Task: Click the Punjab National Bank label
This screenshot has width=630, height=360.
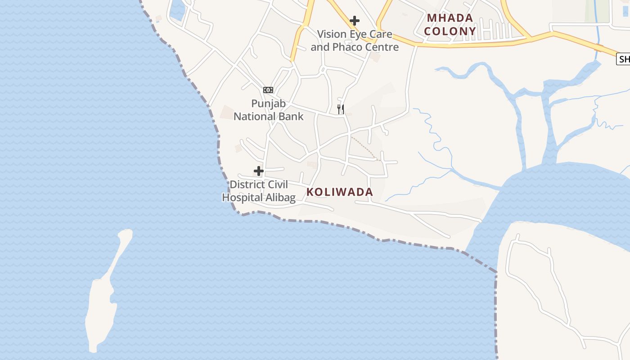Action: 269,110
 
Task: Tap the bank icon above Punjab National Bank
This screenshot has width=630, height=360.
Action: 268,90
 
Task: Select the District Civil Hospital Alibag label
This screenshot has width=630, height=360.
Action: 259,191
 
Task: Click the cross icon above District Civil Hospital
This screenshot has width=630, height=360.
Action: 259,171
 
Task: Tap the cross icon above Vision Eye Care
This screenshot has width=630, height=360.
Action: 355,21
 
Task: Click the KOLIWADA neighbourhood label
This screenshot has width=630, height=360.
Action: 340,192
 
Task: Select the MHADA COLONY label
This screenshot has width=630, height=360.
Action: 450,25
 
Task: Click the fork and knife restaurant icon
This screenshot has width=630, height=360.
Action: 341,109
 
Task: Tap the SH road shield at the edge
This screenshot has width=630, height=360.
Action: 623,59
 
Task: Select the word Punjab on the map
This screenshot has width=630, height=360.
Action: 269,104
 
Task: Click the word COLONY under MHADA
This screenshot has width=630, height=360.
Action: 450,31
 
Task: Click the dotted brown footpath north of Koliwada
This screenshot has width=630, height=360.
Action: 364,148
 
